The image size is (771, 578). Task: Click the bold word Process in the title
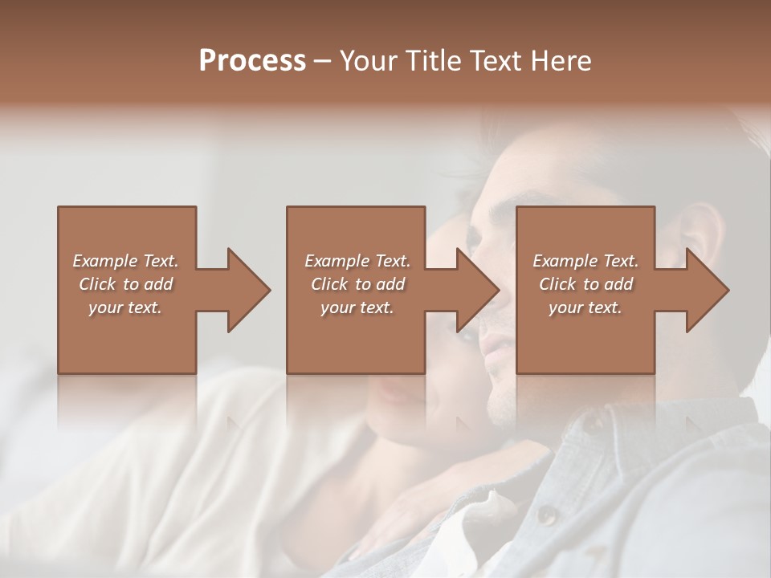[x=252, y=61]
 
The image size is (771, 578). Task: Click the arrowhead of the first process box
[x=249, y=290]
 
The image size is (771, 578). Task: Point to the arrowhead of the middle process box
[x=478, y=290]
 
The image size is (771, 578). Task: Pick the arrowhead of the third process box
[x=708, y=290]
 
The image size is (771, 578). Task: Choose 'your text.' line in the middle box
[x=357, y=307]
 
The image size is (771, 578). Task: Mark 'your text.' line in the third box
[x=585, y=307]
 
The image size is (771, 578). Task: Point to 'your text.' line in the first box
[x=124, y=307]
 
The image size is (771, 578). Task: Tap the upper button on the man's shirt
[x=591, y=422]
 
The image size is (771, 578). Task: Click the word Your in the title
[x=367, y=61]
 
